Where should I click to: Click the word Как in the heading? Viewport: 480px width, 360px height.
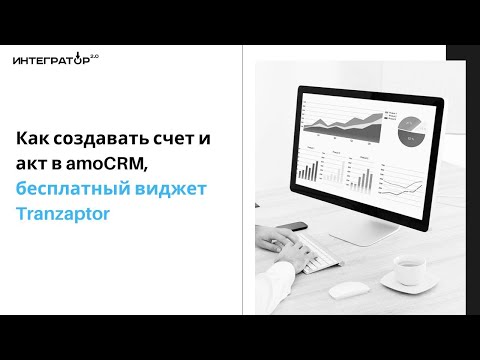[36, 139]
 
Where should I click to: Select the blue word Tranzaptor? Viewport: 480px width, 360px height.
[66, 212]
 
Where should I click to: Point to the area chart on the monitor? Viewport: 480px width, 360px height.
[345, 125]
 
